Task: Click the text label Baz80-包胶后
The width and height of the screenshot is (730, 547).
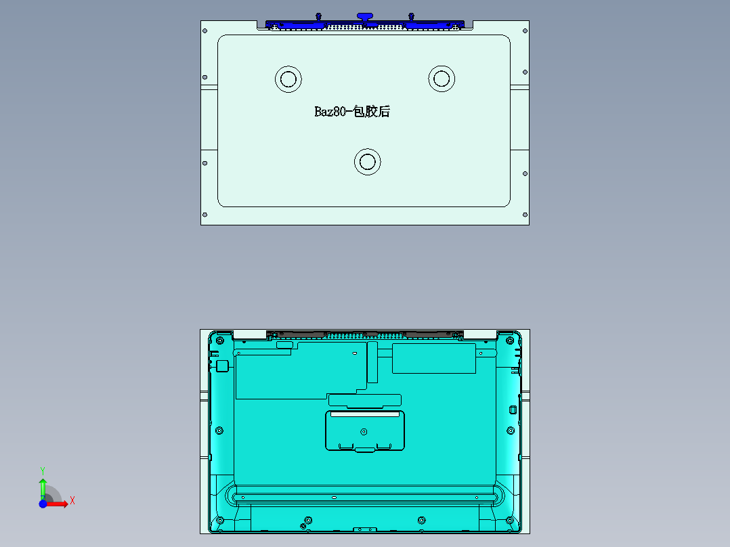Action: (352, 112)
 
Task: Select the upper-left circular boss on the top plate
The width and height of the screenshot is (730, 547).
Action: (288, 79)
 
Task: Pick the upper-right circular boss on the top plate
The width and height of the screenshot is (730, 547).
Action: (442, 79)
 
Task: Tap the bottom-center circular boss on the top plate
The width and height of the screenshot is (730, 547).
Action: (368, 162)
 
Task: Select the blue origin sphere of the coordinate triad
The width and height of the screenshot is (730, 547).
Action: (43, 504)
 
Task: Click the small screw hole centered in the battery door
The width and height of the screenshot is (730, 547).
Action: (364, 431)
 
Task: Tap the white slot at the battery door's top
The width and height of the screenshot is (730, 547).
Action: (364, 414)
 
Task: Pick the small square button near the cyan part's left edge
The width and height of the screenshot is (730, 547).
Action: (221, 366)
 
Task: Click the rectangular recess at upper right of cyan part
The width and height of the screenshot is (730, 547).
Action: (434, 358)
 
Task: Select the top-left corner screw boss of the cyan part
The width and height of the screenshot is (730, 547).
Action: (218, 340)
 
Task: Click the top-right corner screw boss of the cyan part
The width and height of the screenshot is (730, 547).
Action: (510, 340)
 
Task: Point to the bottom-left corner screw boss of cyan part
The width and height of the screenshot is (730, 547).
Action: (219, 521)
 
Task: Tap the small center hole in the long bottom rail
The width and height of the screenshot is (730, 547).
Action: (334, 498)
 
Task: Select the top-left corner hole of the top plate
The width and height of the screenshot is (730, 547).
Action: (205, 32)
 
